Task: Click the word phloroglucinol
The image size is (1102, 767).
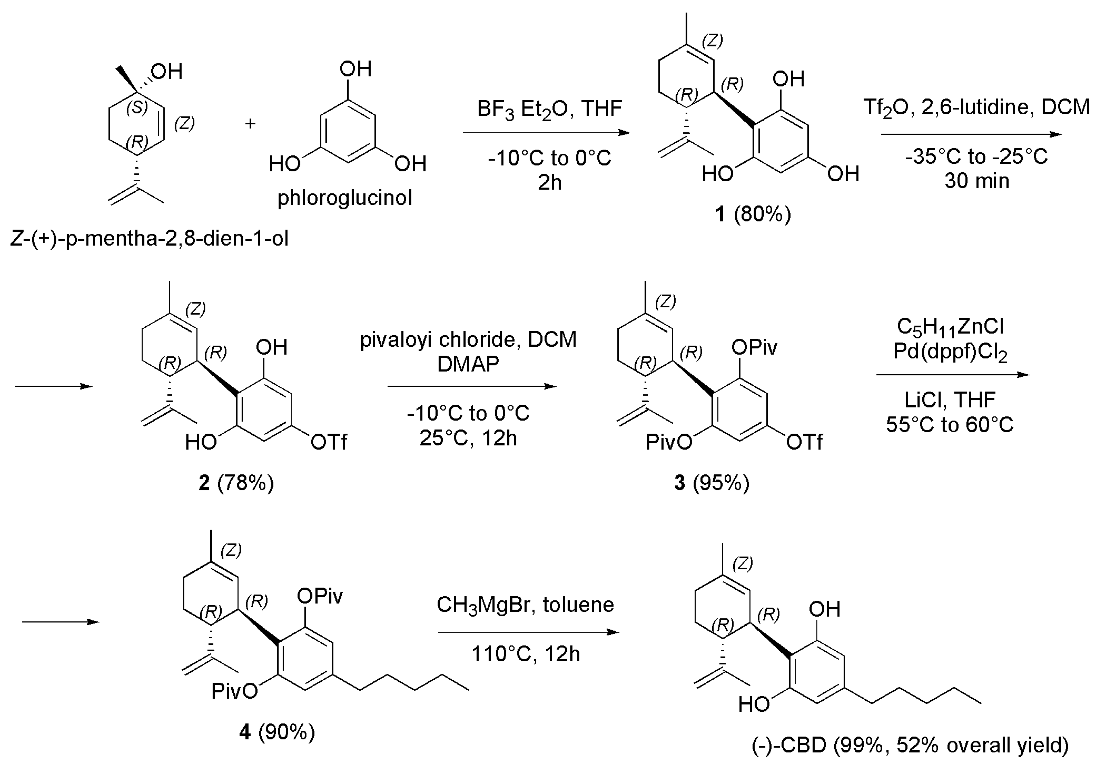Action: coord(345,197)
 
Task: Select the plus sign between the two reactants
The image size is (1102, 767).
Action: coord(250,124)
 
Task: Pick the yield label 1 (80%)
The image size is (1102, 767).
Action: coord(752,214)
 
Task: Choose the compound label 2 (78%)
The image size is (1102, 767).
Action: coord(236,482)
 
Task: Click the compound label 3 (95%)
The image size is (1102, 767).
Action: coord(711,482)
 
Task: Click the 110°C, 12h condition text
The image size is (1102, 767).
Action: coord(526,654)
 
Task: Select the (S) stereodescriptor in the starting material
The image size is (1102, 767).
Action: coord(137,107)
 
